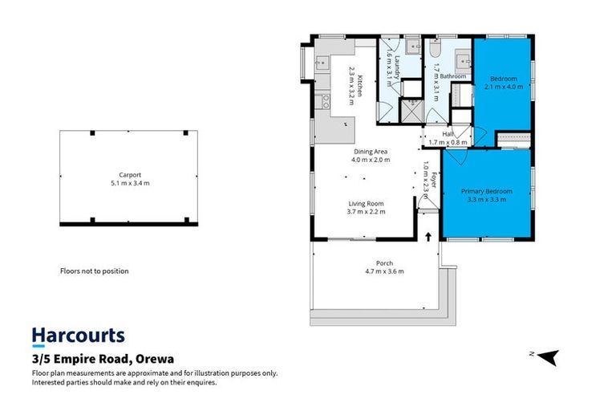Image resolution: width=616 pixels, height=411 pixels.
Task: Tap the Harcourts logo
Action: (78, 336)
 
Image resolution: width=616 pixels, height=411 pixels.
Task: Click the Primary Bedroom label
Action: (486, 192)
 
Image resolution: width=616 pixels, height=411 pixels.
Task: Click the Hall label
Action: (448, 135)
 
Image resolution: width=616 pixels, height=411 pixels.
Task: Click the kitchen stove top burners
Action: (325, 101)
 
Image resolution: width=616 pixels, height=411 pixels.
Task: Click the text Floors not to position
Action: (94, 271)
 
